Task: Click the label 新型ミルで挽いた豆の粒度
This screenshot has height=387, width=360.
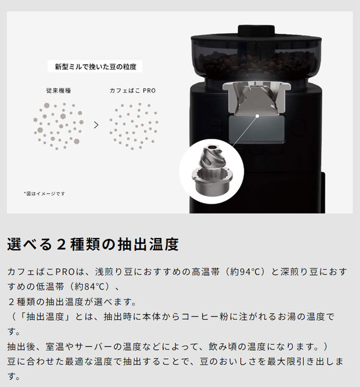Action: point(96,67)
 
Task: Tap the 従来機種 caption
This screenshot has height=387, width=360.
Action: point(59,90)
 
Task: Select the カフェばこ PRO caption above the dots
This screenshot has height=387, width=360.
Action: point(132,90)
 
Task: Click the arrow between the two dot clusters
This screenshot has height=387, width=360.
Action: point(96,125)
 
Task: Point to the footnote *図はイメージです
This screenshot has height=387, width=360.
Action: point(44,193)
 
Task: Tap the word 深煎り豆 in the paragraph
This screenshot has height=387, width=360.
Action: point(297,272)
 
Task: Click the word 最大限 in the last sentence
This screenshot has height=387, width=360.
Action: point(282,361)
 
